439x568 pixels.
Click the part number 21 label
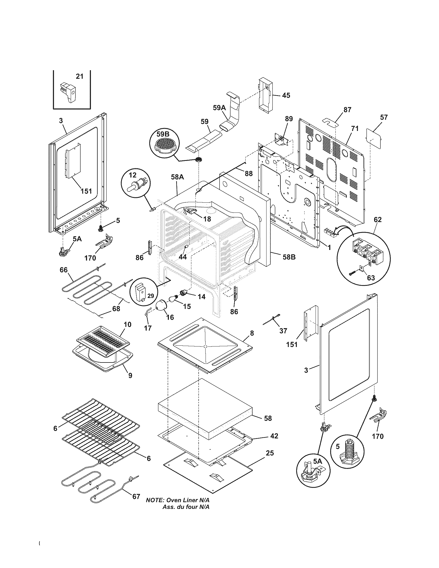[x=80, y=76]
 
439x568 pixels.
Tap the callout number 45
[x=286, y=95]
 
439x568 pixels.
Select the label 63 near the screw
[x=371, y=278]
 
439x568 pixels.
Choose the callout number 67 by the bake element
[x=136, y=496]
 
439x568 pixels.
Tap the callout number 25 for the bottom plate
[x=270, y=453]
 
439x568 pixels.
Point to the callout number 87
[x=347, y=110]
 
